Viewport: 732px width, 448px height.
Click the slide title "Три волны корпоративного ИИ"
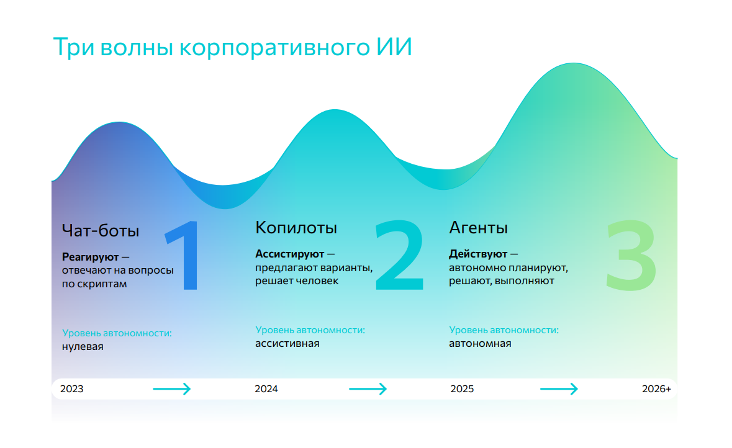point(232,48)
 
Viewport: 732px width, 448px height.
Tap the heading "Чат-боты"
point(101,231)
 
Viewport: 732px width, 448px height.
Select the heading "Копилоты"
point(296,228)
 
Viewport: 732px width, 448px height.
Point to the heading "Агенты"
point(478,228)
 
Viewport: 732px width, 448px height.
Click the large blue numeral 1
point(184,255)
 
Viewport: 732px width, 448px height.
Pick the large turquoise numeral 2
point(399,255)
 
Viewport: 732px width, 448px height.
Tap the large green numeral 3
point(630,255)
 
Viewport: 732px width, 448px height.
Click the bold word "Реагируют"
point(90,257)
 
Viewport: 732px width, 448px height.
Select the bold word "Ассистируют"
point(289,254)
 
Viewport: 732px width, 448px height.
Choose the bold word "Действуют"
point(478,254)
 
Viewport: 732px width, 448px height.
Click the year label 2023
point(71,389)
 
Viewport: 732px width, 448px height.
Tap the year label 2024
point(266,389)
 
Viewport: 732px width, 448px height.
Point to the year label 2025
point(462,389)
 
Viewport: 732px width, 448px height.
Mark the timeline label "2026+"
point(656,389)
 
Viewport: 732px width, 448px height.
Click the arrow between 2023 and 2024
point(172,389)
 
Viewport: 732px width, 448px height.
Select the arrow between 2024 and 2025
point(368,389)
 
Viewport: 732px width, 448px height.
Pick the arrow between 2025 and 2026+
point(559,389)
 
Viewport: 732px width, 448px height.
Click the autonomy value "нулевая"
point(83,347)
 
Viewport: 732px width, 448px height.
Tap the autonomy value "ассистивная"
point(287,343)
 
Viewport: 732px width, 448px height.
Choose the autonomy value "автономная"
point(480,343)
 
